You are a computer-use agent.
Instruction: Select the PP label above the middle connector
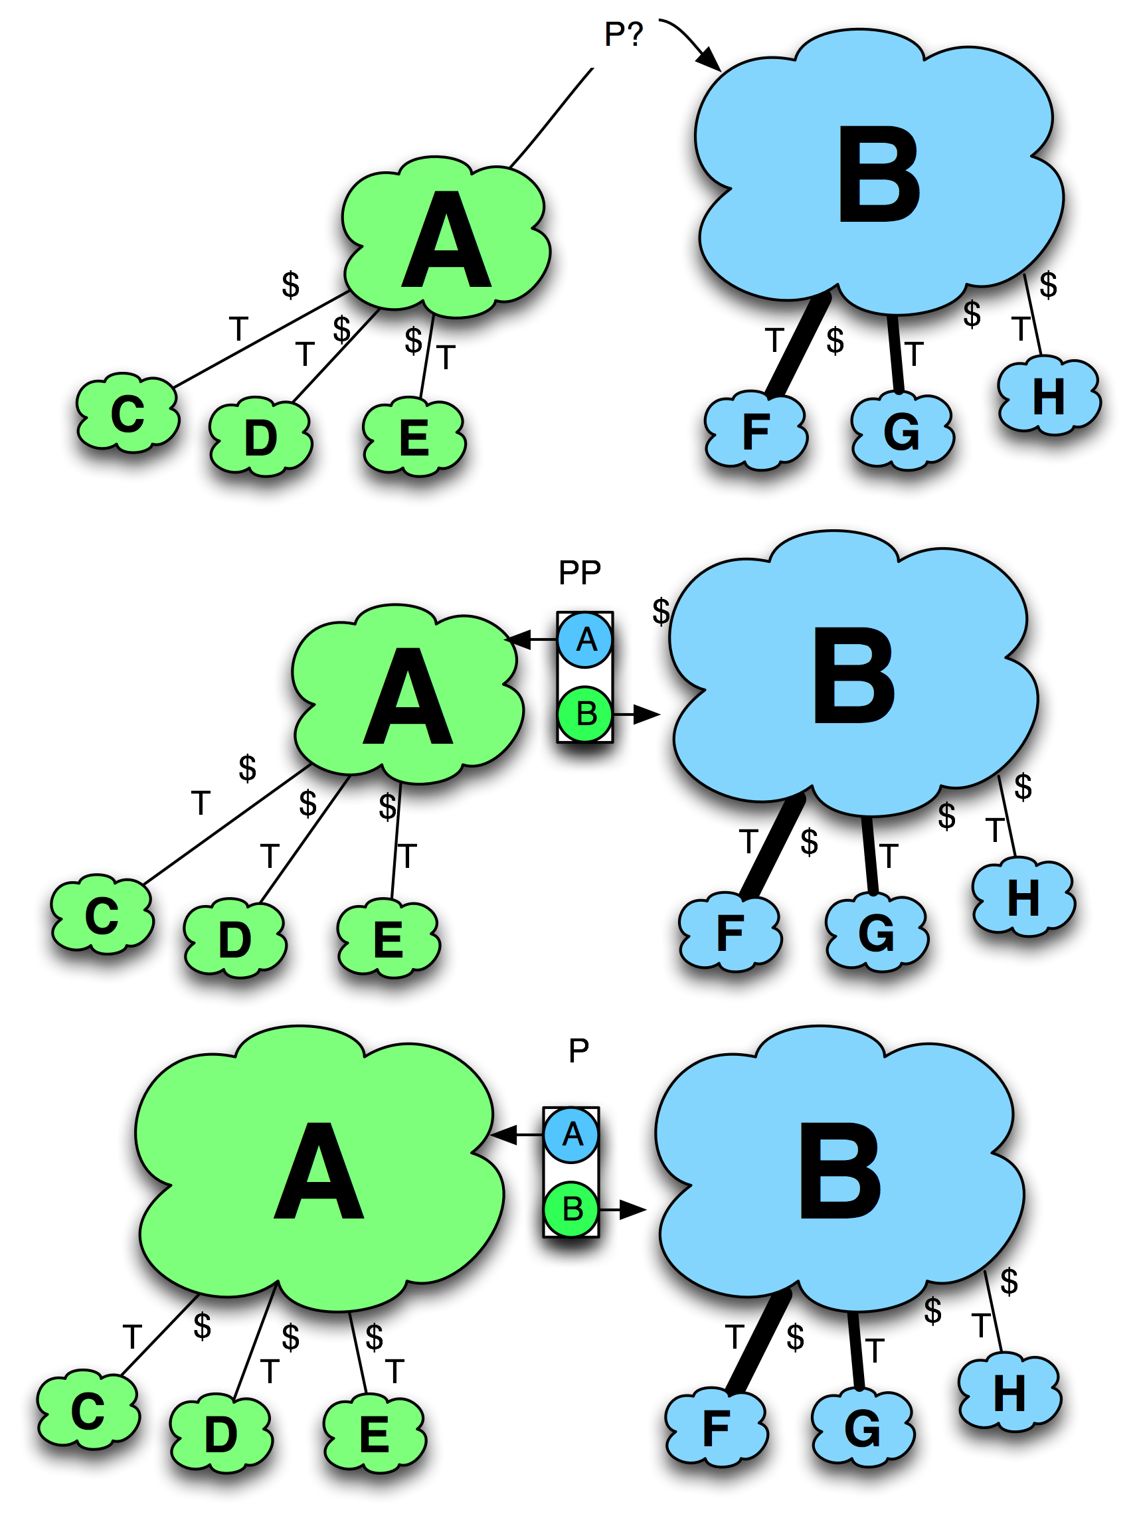tap(579, 572)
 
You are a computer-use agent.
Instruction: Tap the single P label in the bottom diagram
tap(578, 1050)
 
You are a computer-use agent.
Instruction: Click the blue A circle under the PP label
tap(585, 640)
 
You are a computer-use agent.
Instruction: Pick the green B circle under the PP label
tap(585, 714)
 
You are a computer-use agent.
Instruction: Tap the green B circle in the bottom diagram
tap(572, 1210)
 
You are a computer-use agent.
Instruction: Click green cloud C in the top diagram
tap(128, 414)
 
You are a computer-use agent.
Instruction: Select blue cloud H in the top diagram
tap(1049, 397)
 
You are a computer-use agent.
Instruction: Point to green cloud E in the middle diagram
tap(389, 940)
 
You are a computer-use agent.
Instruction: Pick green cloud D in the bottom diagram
tap(220, 1434)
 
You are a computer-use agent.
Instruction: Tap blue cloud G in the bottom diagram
tap(862, 1428)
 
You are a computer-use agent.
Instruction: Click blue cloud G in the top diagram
tap(902, 432)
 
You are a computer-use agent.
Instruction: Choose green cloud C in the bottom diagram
tap(88, 1412)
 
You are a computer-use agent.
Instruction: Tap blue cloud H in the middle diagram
tap(1023, 898)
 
